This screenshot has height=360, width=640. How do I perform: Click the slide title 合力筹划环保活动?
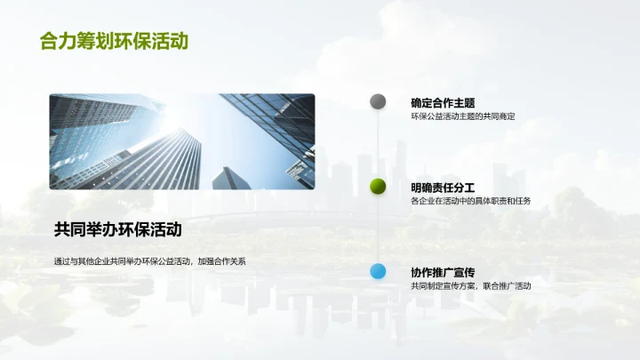pos(114,41)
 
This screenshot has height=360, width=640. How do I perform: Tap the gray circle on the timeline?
pos(378,101)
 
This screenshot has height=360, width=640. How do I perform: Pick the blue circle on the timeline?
pos(378,271)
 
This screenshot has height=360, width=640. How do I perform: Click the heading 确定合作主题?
pos(443,102)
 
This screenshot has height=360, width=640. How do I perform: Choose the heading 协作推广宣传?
pos(443,272)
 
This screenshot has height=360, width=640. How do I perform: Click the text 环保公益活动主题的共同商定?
pos(463,116)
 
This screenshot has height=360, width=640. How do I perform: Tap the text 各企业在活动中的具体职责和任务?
pos(470,201)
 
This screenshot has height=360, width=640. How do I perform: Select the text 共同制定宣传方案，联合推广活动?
pos(470,286)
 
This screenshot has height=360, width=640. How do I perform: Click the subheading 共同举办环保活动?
pos(117,229)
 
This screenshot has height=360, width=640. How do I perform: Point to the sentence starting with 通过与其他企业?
pos(148,261)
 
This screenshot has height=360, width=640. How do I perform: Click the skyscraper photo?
pos(181,141)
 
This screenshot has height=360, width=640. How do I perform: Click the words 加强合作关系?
pos(222,261)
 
